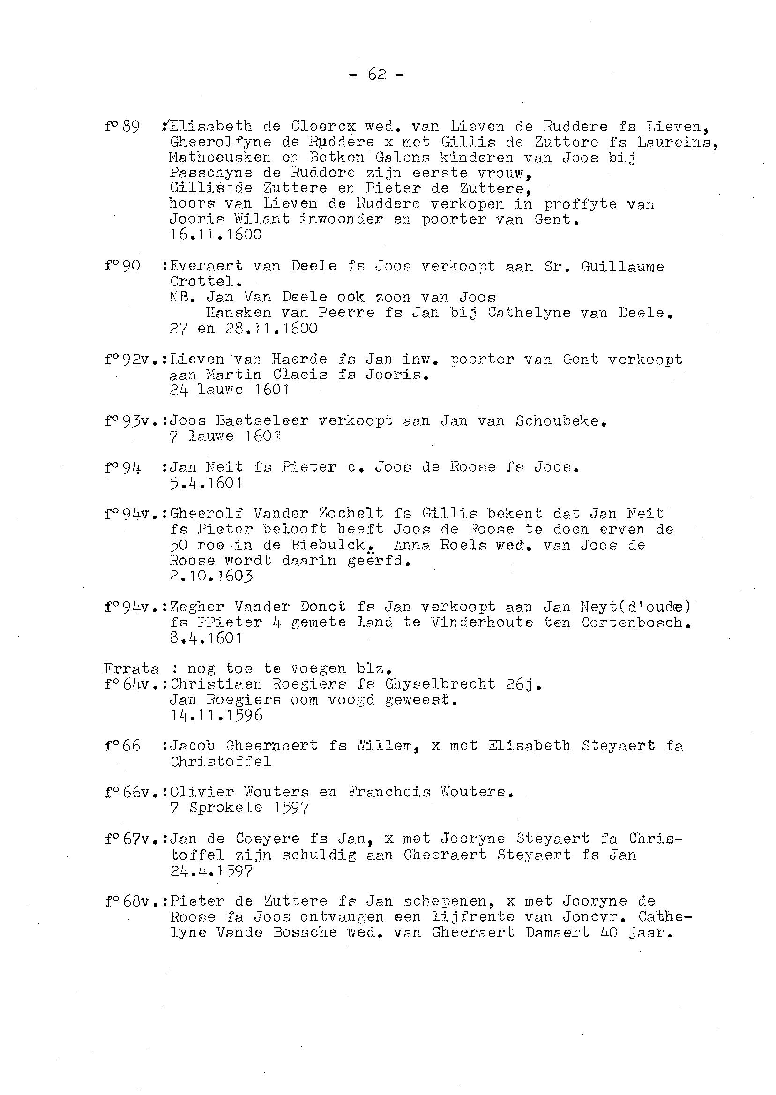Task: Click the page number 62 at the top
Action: pos(377,74)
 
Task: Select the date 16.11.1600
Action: pos(216,235)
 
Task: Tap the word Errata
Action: pos(131,668)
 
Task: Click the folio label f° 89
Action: pos(122,127)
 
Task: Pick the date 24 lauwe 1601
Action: pos(229,390)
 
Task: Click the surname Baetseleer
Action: pos(262,420)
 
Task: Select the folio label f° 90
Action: pos(122,266)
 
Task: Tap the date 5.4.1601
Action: pos(206,483)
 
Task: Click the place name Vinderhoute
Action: pos(481,622)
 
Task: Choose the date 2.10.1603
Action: pos(211,576)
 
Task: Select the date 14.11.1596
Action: pos(216,715)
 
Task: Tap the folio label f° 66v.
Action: pos(131,793)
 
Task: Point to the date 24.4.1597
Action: pos(211,871)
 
